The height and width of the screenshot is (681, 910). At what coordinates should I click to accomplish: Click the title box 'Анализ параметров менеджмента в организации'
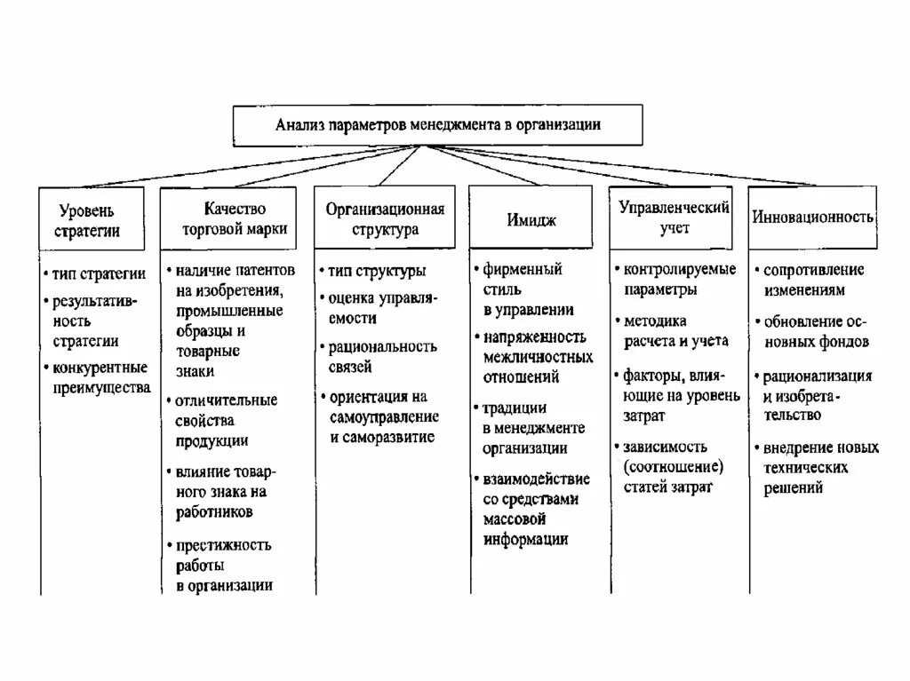(437, 126)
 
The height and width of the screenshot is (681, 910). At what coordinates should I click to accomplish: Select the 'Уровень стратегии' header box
(91, 219)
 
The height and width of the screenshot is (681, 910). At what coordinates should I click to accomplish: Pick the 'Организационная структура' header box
(384, 218)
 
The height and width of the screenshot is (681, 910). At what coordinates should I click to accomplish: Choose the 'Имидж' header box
(532, 219)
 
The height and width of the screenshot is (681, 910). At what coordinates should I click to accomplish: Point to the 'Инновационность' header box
(812, 217)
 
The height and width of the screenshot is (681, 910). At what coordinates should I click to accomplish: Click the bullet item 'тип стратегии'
(98, 273)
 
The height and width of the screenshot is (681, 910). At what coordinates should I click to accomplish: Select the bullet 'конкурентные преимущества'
(100, 377)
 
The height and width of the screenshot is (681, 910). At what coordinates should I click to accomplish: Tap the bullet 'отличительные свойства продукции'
(226, 420)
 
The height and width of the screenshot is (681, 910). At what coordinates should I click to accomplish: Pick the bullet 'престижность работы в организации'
(223, 565)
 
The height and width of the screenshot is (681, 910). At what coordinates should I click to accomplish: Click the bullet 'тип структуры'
(377, 270)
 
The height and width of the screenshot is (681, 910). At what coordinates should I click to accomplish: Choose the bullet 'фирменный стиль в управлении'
(528, 289)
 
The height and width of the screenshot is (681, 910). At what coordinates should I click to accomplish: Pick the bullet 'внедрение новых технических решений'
(819, 467)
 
